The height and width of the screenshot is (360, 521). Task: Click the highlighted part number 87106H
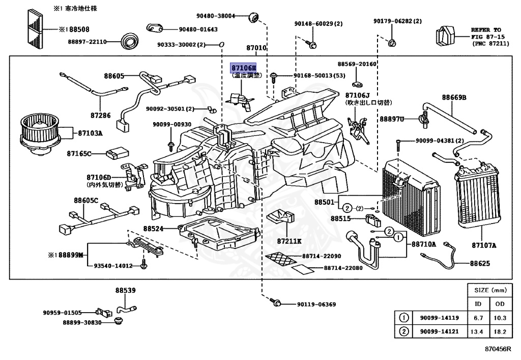click(244, 68)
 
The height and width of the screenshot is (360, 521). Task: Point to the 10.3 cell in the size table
click(500, 318)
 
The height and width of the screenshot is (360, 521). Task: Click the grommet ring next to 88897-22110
click(131, 40)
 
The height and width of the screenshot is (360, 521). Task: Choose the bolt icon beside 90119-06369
click(277, 303)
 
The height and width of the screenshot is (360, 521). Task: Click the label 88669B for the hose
click(454, 97)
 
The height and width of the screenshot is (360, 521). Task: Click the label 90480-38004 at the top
click(218, 16)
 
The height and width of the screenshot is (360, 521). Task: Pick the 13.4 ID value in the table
click(478, 331)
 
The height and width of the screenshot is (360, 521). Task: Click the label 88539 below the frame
click(125, 290)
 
